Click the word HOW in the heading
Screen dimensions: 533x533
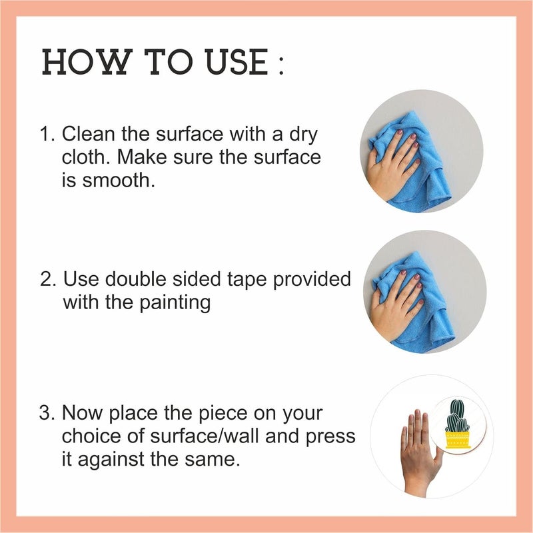[87, 62]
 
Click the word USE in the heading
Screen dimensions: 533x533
[237, 62]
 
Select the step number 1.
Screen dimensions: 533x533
[47, 134]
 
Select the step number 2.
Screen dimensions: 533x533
[47, 278]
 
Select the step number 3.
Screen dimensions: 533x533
[47, 413]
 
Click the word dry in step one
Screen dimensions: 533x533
[304, 135]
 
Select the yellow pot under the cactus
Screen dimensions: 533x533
[457, 440]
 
